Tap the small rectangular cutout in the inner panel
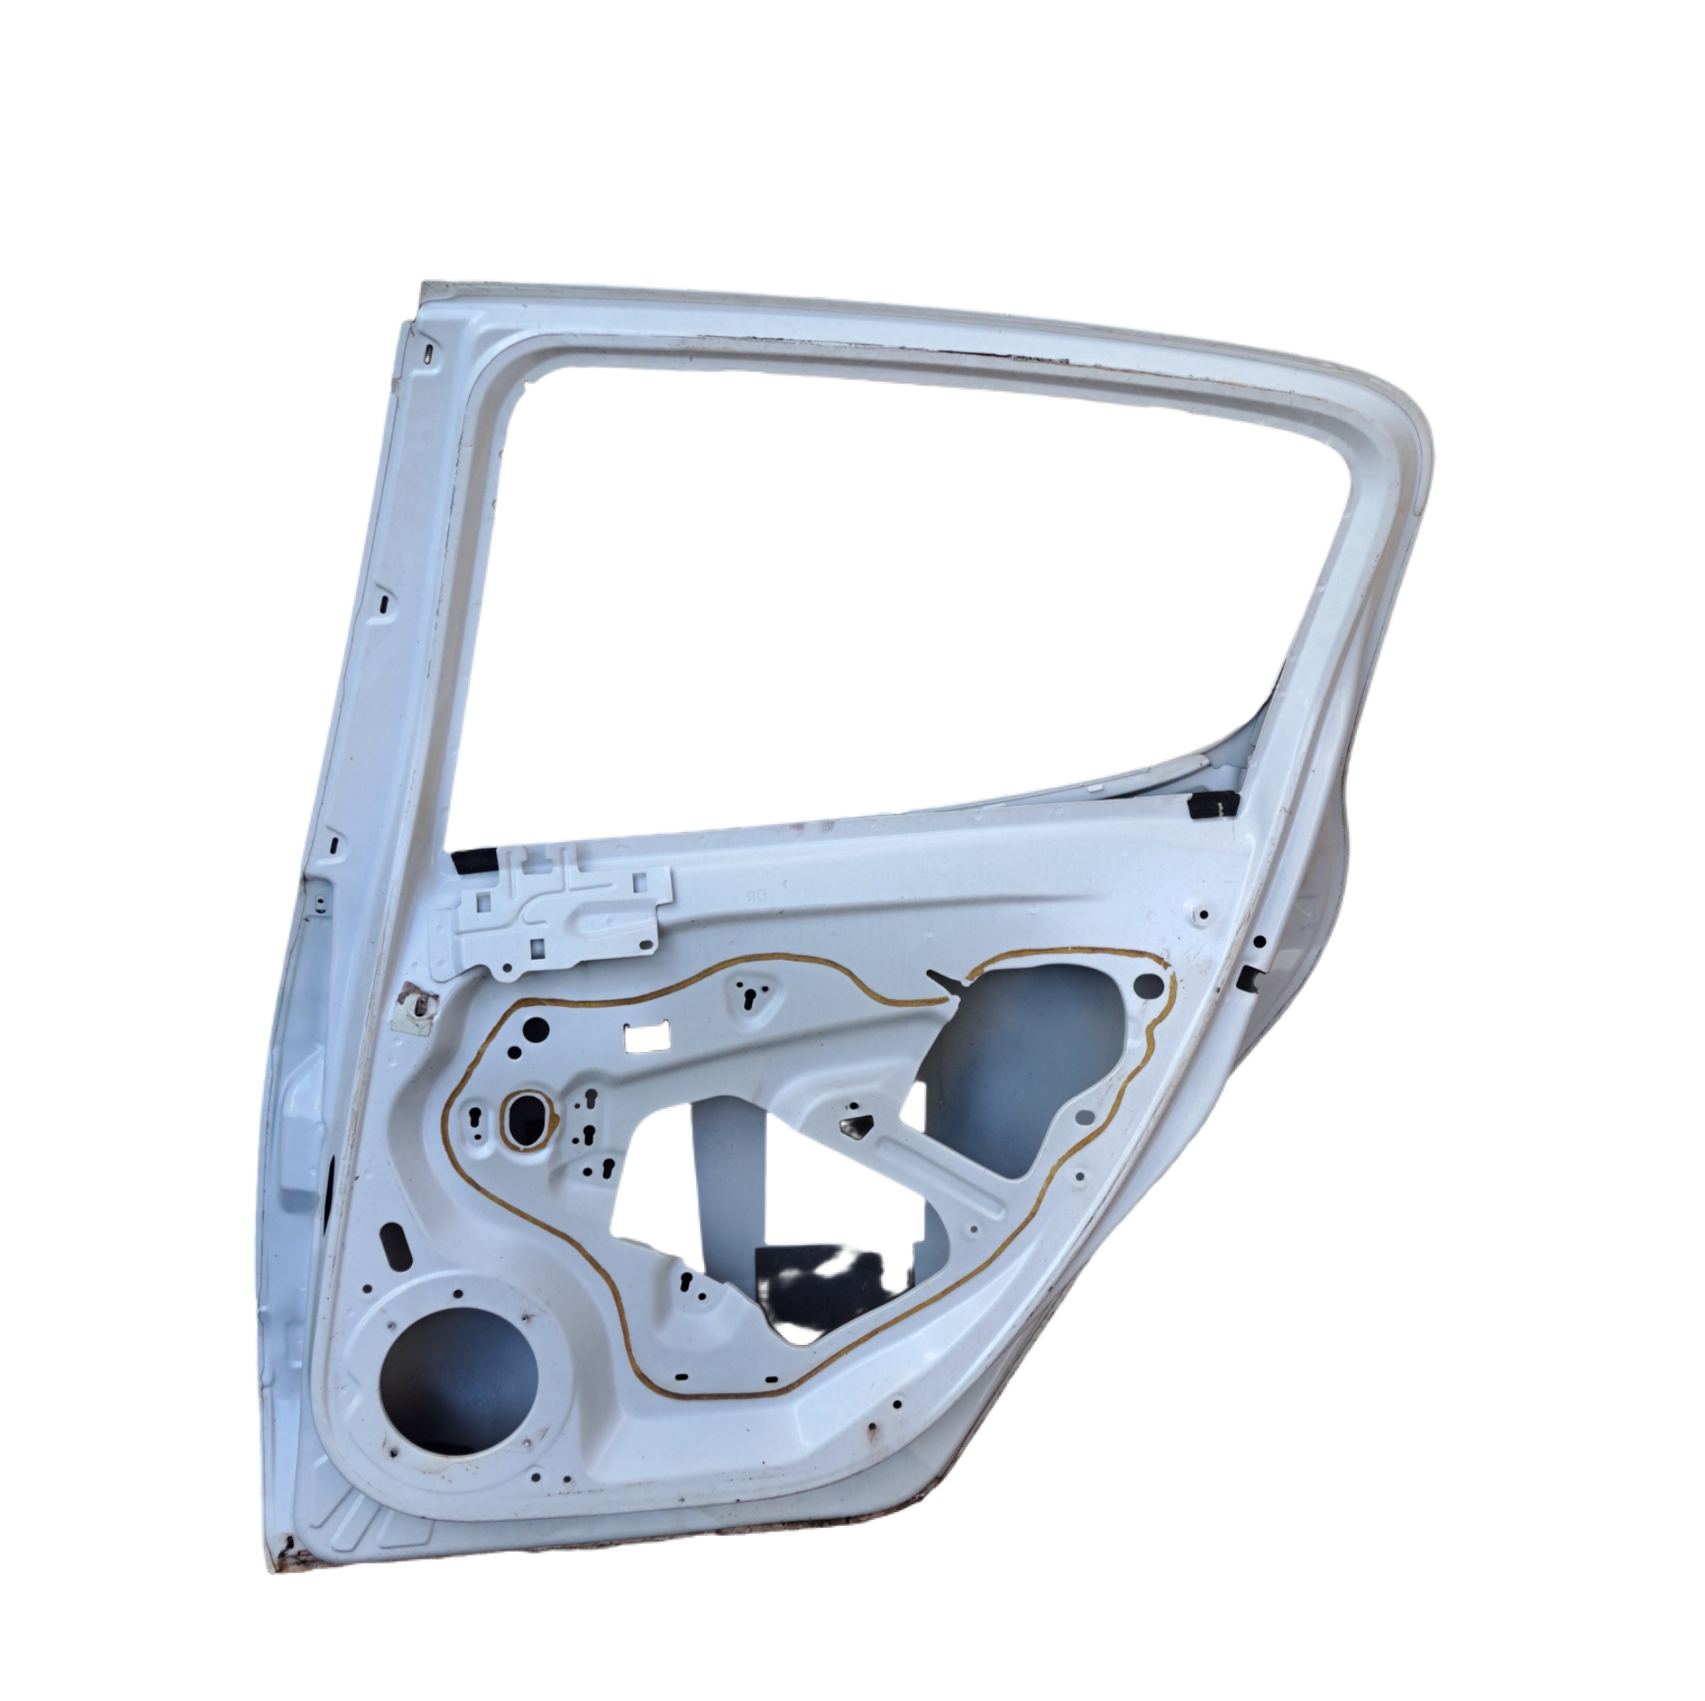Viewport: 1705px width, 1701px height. point(647,1034)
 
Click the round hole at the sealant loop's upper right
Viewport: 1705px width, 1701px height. point(1148,984)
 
